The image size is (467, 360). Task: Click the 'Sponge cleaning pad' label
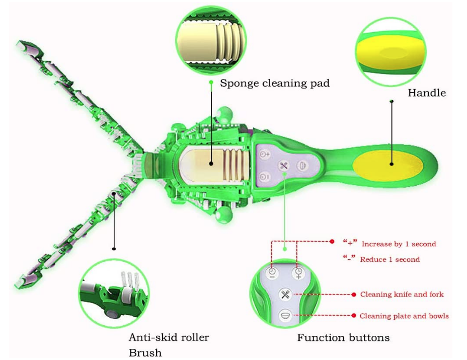(275, 83)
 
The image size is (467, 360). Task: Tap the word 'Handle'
(427, 93)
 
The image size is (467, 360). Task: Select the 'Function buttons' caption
(343, 337)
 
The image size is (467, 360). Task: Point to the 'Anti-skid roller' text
(169, 337)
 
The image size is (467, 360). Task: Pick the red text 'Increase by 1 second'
(399, 244)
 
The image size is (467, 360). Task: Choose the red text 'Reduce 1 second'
(390, 259)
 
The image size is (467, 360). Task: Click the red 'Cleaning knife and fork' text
(402, 294)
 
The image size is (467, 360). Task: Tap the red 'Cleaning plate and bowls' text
(404, 316)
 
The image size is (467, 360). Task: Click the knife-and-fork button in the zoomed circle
(285, 295)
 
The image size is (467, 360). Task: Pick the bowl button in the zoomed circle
(285, 316)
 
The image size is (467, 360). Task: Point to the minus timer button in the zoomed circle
(272, 272)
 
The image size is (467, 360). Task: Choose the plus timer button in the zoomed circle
(298, 272)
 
